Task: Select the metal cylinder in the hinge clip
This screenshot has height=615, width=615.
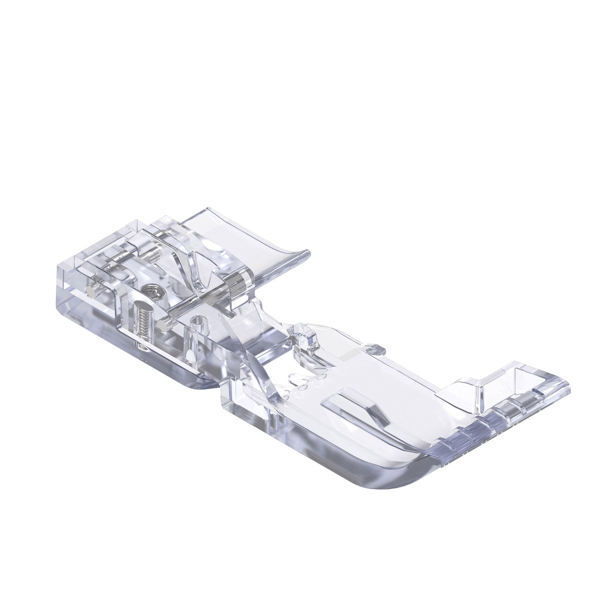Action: point(236,283)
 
